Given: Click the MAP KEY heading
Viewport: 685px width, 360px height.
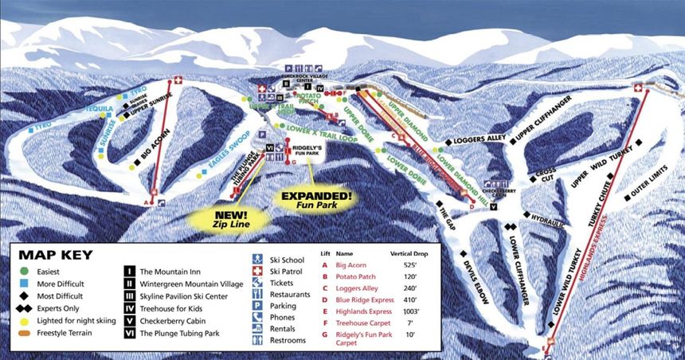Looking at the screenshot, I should (55, 255).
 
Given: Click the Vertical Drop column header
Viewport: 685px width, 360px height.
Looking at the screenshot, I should (411, 252).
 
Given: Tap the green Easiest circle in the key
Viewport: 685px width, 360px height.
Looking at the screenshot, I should (25, 271).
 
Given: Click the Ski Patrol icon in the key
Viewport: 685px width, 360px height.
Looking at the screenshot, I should (258, 272).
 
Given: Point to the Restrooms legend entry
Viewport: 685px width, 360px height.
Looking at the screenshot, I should (288, 340).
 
